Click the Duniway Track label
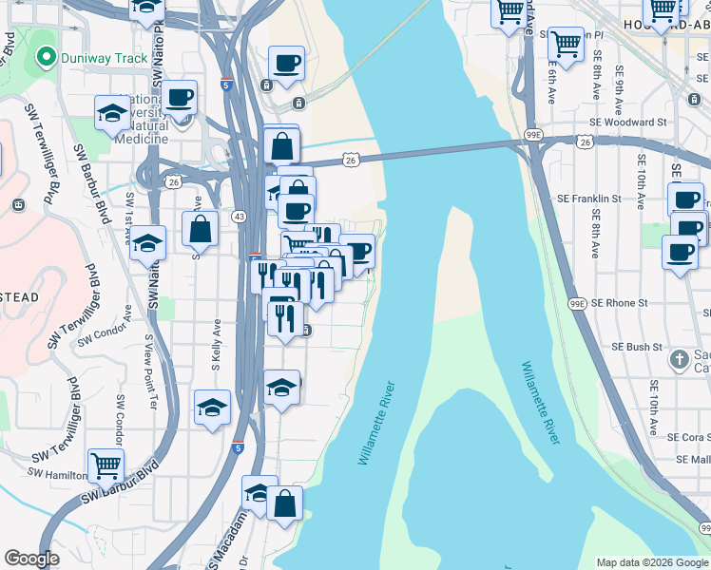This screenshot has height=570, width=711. point(105,58)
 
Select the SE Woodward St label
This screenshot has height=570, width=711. point(628,123)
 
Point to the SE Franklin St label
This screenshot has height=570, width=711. point(588,199)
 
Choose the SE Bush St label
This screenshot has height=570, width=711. point(631,348)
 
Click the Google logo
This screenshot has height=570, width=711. point(32,559)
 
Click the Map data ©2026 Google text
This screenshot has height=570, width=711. point(651,562)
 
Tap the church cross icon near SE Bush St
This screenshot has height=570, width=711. point(678,359)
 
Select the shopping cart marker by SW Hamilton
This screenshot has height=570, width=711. point(106,465)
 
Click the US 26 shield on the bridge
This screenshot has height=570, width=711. point(352,161)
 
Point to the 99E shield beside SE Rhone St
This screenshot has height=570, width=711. point(578,304)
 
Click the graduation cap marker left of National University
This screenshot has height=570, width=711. point(112,113)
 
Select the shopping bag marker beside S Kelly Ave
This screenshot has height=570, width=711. point(200,229)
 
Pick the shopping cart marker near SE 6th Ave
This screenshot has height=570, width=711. point(566,43)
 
